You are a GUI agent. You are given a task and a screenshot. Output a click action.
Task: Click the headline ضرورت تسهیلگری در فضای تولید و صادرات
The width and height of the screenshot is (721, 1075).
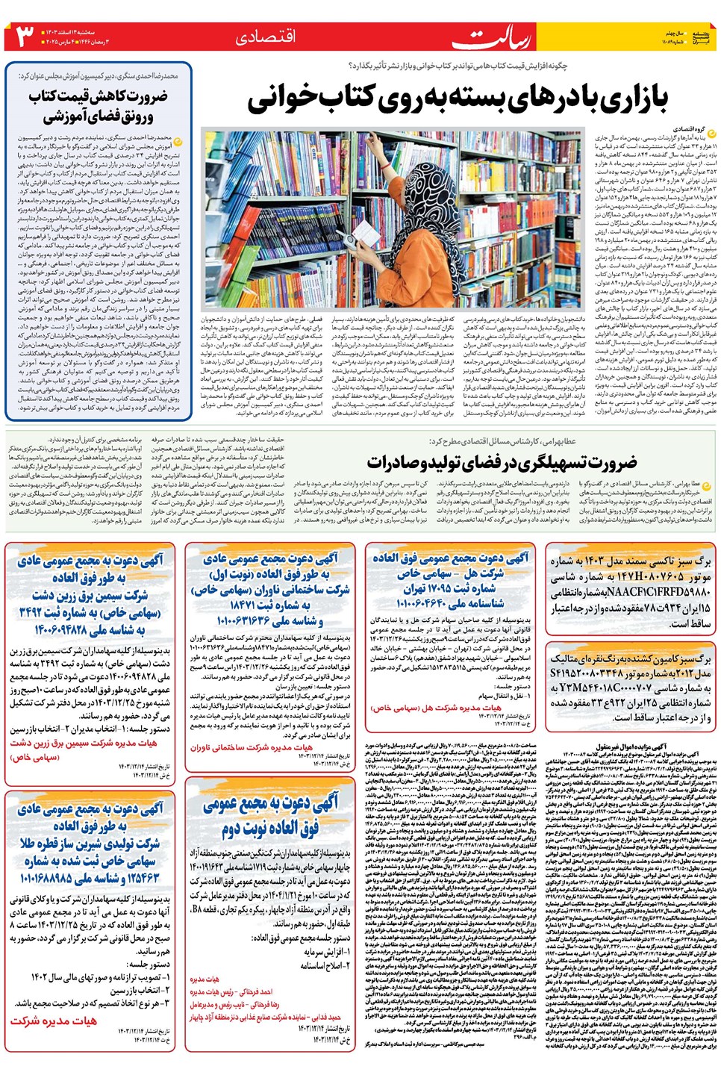pyautogui.click(x=502, y=462)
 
